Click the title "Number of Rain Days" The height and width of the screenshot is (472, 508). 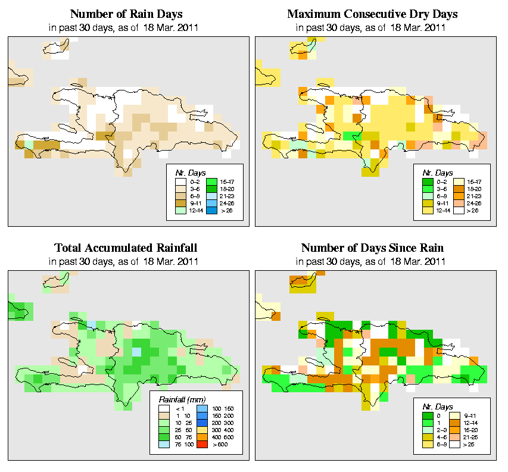(127, 14)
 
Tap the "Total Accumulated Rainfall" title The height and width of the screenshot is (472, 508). (126, 248)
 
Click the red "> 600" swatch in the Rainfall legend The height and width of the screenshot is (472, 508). (201, 443)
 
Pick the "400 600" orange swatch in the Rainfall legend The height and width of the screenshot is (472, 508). (201, 436)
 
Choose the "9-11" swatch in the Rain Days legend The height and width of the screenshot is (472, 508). (180, 203)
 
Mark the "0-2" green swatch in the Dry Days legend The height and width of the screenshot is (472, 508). (426, 181)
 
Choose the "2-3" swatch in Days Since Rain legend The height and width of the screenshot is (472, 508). (426, 429)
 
